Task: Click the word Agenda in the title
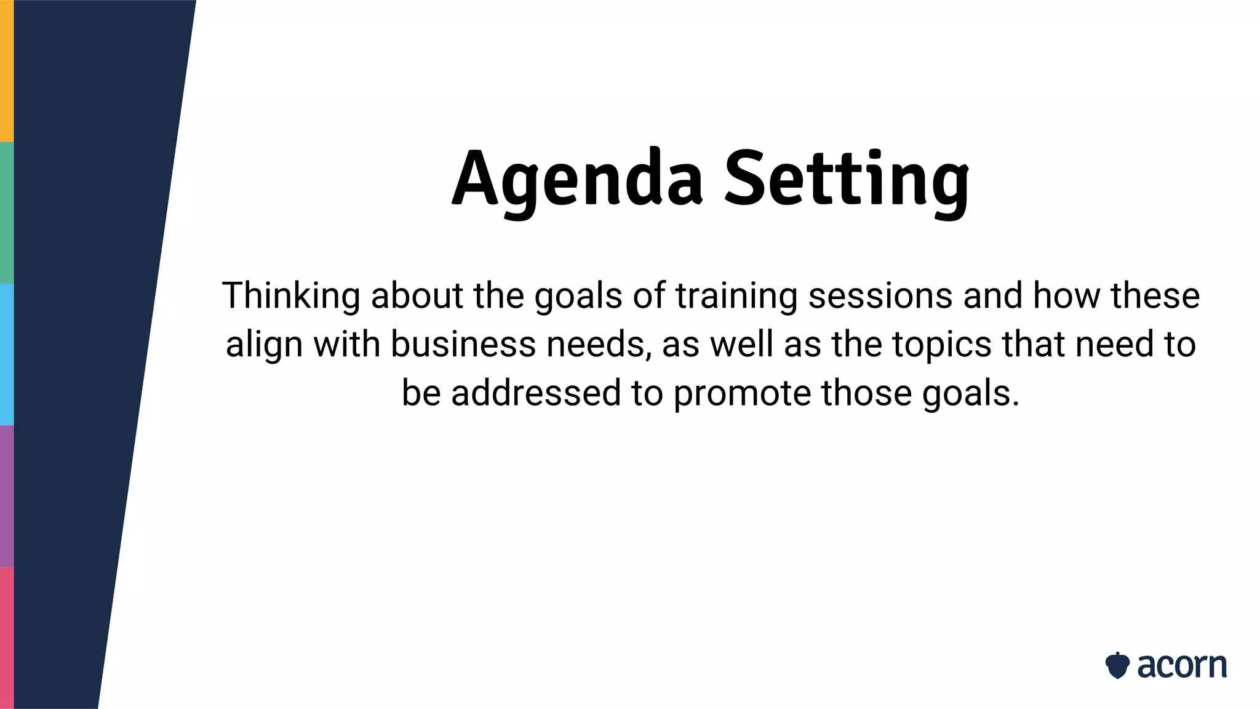pyautogui.click(x=576, y=178)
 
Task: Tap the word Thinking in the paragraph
pyautogui.click(x=290, y=295)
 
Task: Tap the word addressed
pyautogui.click(x=535, y=393)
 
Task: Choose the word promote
pyautogui.click(x=742, y=393)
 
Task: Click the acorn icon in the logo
pyautogui.click(x=1117, y=665)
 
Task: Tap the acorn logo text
pyautogui.click(x=1181, y=665)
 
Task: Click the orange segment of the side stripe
pyautogui.click(x=6, y=71)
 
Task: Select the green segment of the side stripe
pyautogui.click(x=6, y=212)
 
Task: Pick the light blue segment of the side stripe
pyautogui.click(x=6, y=354)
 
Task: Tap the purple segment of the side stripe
pyautogui.click(x=6, y=495)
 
